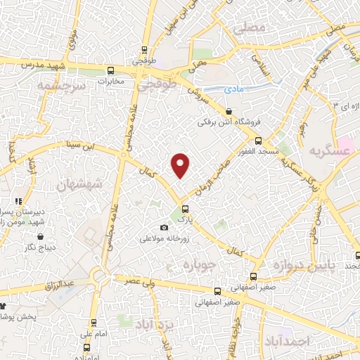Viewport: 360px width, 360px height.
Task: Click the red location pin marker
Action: (181, 165)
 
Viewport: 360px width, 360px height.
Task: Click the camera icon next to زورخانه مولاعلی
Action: (165, 227)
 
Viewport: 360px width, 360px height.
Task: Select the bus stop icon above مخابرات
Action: (110, 70)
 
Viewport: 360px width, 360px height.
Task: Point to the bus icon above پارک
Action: (186, 209)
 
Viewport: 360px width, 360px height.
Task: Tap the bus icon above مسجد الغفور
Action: (258, 141)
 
